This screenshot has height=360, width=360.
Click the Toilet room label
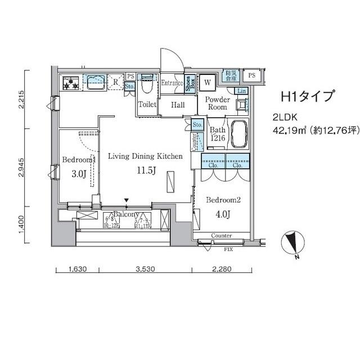click(147, 105)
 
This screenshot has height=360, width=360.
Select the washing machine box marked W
click(208, 83)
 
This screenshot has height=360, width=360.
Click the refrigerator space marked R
click(115, 82)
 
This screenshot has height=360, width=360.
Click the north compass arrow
click(292, 242)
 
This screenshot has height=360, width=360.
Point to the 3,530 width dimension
click(145, 269)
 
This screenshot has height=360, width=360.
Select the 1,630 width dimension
click(77, 269)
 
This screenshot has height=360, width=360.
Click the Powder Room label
click(217, 103)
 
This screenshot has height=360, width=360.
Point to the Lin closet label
click(241, 91)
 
